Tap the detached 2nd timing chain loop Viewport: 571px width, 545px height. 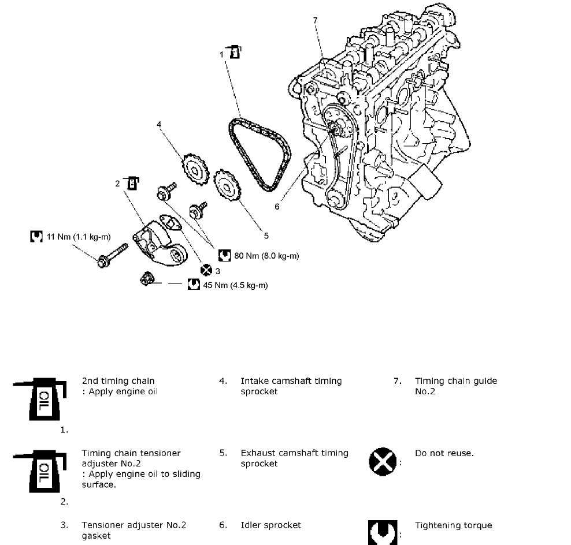pos(259,152)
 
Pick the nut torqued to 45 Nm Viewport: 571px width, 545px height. pos(147,280)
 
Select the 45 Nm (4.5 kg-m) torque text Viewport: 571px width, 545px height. pos(235,285)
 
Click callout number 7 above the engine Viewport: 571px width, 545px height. pos(316,21)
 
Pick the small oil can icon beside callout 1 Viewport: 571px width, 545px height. pos(234,51)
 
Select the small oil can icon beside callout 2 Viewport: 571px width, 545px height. pos(132,182)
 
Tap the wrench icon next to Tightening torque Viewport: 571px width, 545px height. pos(383,532)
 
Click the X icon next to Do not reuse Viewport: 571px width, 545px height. pos(383,460)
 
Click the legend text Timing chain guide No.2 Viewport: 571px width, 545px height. pos(455,386)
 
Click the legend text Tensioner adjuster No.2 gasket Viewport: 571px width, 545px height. pos(134,530)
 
